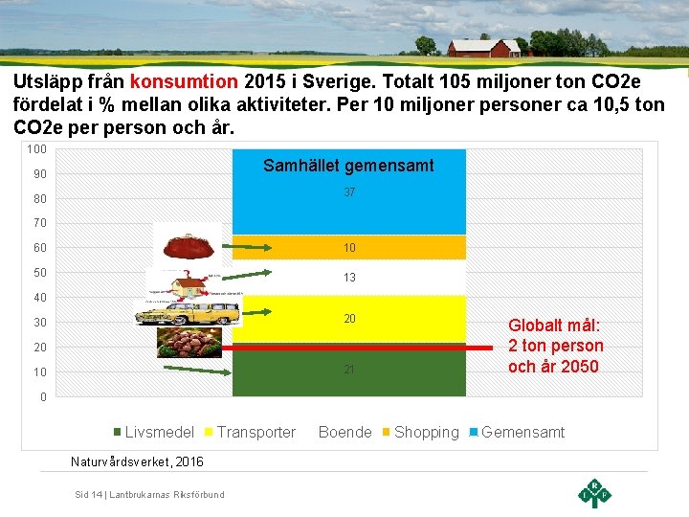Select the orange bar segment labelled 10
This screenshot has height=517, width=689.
pyautogui.click(x=349, y=248)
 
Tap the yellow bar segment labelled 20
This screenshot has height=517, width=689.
pyautogui.click(x=349, y=319)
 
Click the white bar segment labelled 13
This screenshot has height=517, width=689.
pyautogui.click(x=349, y=278)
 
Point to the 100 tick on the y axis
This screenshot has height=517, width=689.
pyautogui.click(x=37, y=149)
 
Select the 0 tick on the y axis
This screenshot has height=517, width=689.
pyautogui.click(x=42, y=396)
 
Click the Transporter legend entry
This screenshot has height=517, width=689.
pyautogui.click(x=250, y=433)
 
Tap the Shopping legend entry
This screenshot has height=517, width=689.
pyautogui.click(x=420, y=433)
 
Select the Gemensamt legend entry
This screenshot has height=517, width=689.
pyautogui.click(x=517, y=433)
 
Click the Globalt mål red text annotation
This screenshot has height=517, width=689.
pyautogui.click(x=555, y=346)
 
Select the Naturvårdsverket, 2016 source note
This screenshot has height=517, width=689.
pyautogui.click(x=137, y=461)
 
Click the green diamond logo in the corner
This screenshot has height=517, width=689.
pyautogui.click(x=594, y=492)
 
